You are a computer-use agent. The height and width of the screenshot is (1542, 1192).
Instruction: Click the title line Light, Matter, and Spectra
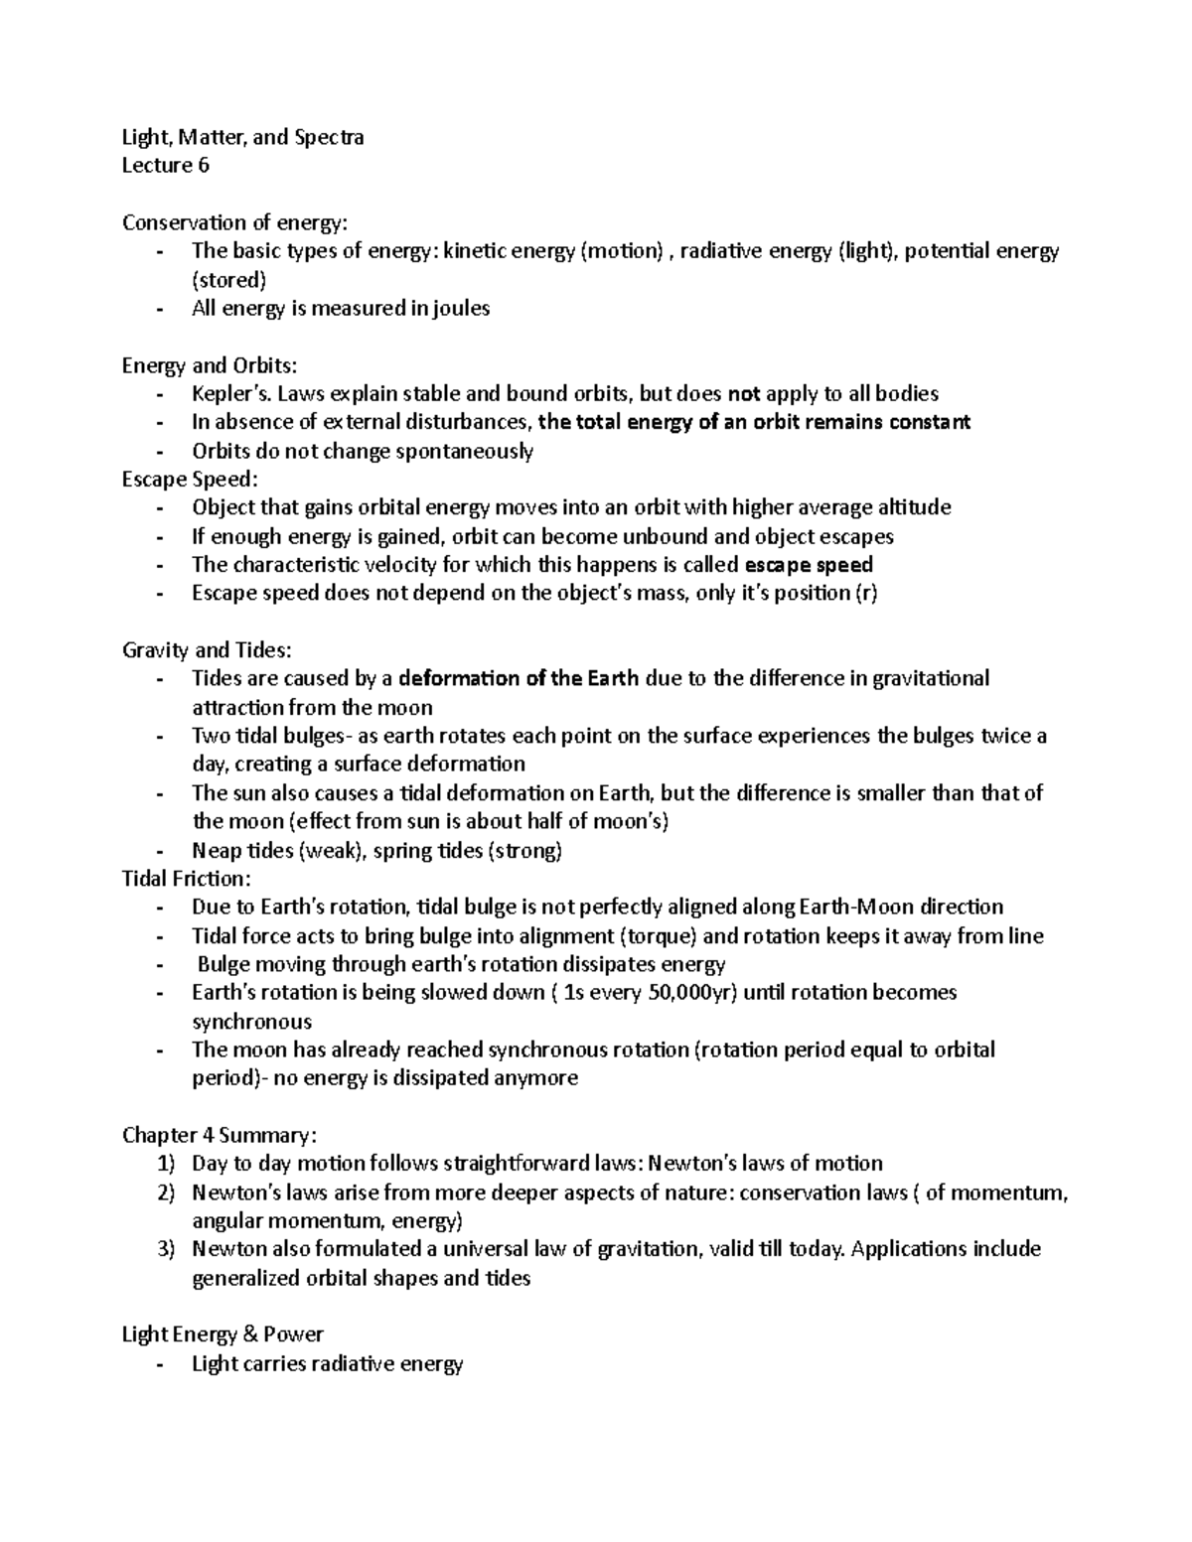point(242,138)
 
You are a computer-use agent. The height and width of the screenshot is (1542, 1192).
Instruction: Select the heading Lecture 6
point(165,166)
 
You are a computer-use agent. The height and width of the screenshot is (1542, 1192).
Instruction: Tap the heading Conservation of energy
point(235,222)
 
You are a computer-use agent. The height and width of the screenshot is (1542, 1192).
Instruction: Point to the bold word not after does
point(744,394)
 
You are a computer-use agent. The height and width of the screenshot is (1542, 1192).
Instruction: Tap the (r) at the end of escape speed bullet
point(866,595)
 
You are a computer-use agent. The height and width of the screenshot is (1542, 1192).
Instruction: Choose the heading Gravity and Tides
point(207,651)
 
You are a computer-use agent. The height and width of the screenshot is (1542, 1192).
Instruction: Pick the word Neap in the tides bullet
point(215,851)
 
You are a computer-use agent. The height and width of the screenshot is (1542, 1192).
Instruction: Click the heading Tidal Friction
point(186,879)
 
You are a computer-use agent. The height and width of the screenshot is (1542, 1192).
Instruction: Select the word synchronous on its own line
point(251,1022)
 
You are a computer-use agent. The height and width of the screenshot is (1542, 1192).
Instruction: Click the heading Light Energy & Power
point(223,1334)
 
